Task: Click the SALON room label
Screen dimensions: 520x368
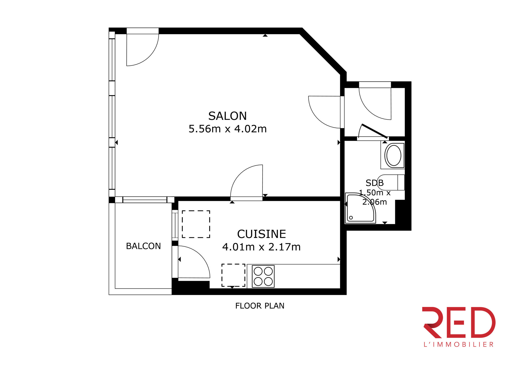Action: pos(227,116)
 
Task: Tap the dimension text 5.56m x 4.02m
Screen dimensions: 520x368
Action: pos(227,129)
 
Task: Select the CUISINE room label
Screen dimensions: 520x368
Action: pos(261,234)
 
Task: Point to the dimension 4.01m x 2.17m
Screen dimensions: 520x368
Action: pos(261,247)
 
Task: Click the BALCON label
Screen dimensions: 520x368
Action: pos(143,246)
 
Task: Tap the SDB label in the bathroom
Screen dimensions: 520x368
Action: pos(375,183)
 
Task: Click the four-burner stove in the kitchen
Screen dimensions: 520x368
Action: pos(263,276)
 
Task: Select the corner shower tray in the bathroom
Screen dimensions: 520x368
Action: pos(360,208)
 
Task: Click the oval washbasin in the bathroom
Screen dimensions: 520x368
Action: pos(394,155)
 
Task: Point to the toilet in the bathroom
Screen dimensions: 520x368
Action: pos(391,182)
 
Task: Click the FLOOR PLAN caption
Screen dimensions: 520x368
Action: pos(260,306)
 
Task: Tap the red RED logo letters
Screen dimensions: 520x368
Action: pos(458,322)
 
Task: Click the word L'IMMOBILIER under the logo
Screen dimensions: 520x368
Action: pos(458,344)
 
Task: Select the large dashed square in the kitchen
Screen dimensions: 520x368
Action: pos(196,224)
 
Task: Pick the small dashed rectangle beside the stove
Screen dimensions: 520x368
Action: pos(233,275)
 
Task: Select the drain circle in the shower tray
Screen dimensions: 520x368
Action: pos(351,218)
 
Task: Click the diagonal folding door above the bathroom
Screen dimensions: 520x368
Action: pos(375,131)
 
